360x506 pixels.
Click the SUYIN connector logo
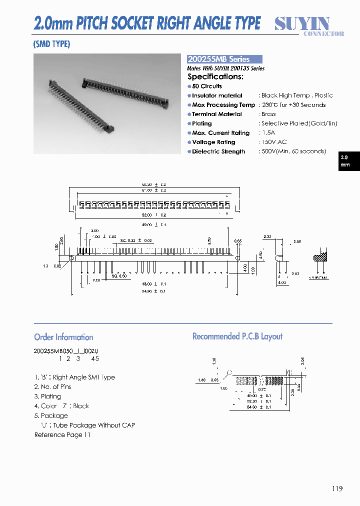point(309,26)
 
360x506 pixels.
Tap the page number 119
point(336,488)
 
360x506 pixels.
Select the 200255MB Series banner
point(224,59)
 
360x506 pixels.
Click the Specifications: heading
point(215,76)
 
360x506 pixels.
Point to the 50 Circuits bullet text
point(207,86)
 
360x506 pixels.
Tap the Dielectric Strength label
point(218,151)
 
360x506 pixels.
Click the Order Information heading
point(63,337)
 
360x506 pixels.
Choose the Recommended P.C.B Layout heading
point(237,336)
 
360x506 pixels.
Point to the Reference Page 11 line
point(62,434)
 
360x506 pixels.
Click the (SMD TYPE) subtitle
point(52,44)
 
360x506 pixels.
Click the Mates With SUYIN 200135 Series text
point(225,68)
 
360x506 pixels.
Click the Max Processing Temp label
point(223,105)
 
